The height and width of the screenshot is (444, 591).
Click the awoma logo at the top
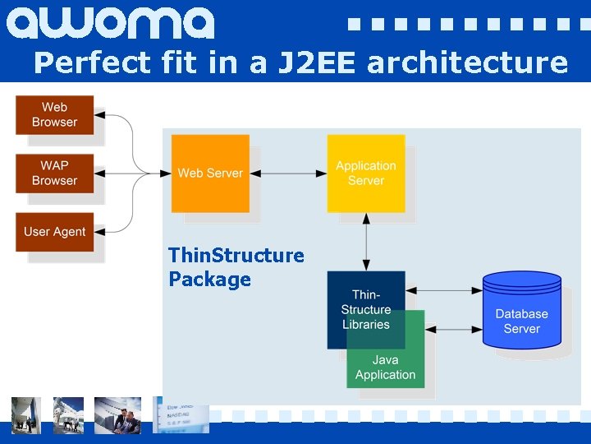click(110, 23)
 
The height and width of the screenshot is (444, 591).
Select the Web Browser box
click(54, 115)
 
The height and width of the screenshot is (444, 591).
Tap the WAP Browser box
click(54, 173)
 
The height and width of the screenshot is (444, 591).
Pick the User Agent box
click(54, 232)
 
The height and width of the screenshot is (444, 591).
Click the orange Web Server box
click(210, 173)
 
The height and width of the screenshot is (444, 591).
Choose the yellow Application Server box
click(365, 173)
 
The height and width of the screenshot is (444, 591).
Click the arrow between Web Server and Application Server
click(288, 173)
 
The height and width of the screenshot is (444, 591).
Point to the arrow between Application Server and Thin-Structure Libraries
click(366, 242)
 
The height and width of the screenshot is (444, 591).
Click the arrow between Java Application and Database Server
click(453, 329)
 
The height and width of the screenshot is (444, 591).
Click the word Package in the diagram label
click(210, 280)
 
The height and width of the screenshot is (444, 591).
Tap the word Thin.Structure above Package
click(236, 256)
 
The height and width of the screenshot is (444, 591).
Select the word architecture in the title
click(467, 62)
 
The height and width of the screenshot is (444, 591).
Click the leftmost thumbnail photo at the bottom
click(25, 414)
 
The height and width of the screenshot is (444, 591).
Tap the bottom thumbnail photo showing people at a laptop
click(117, 414)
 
